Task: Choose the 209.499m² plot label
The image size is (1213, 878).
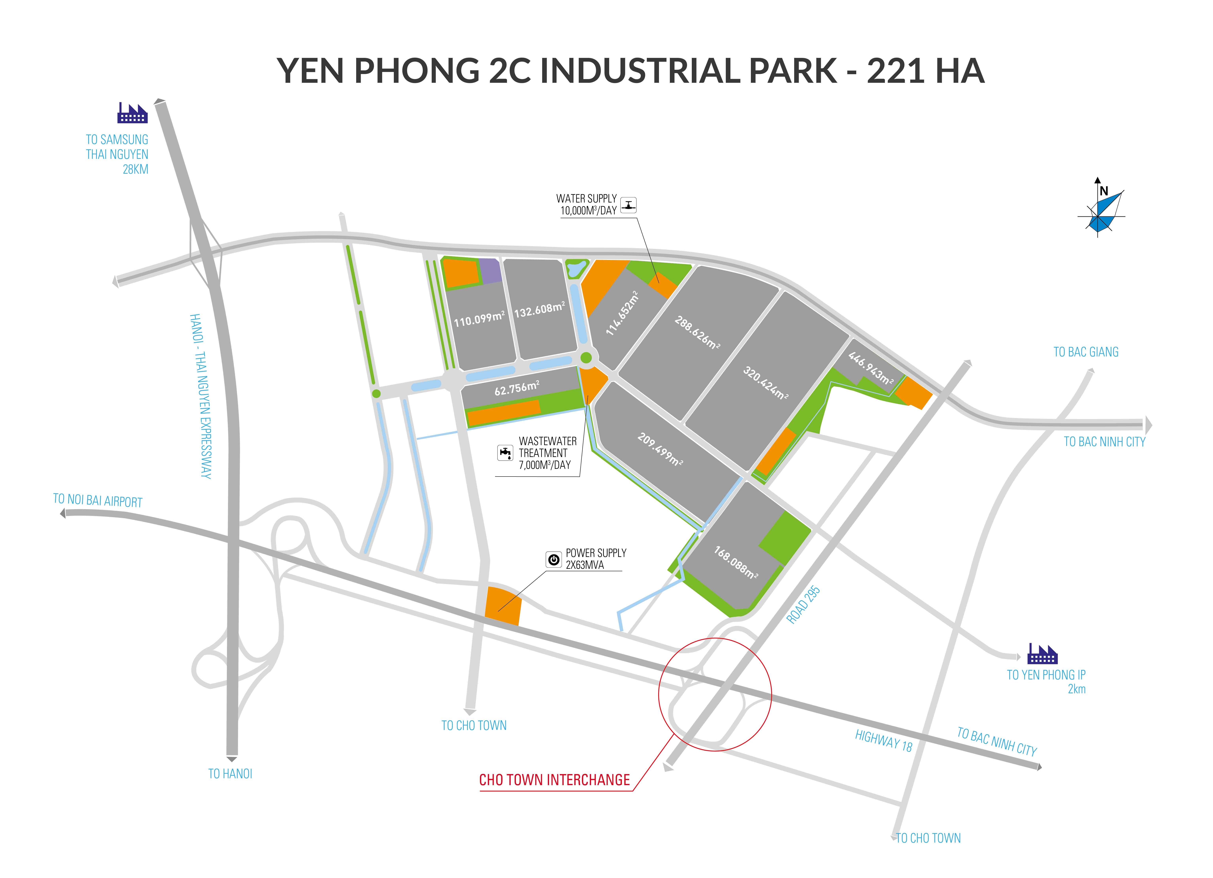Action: pyautogui.click(x=659, y=449)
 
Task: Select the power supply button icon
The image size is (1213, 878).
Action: pyautogui.click(x=554, y=559)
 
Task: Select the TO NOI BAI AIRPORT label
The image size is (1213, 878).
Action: pyautogui.click(x=98, y=500)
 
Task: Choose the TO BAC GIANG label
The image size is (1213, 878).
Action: pyautogui.click(x=1086, y=352)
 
